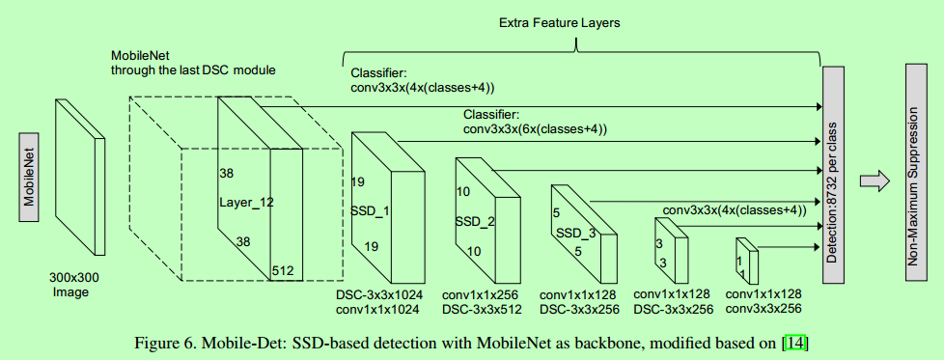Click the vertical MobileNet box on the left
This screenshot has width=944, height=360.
point(29,175)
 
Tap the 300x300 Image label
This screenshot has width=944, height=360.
point(74,284)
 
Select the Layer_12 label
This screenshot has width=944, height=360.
point(246,203)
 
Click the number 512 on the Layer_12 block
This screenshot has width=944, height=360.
point(283,270)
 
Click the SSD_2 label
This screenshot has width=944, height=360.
point(474,222)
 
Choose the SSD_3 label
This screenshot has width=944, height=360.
point(575,234)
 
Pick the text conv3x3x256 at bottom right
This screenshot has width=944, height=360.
point(764,309)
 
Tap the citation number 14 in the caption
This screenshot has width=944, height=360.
point(794,343)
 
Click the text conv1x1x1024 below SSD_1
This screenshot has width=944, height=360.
point(379,309)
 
